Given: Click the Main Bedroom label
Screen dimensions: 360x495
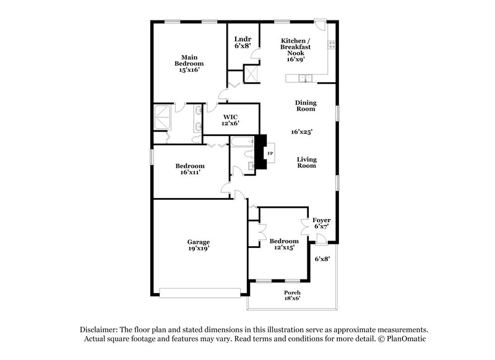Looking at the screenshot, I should [x=189, y=60].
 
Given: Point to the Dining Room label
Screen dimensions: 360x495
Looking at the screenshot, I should [x=305, y=105].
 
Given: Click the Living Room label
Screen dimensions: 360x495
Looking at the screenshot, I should [x=307, y=162].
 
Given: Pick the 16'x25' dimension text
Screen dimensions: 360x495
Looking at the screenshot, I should [x=302, y=131].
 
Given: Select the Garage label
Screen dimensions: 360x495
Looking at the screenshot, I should [x=199, y=241].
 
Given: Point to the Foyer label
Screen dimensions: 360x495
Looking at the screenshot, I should [x=321, y=220].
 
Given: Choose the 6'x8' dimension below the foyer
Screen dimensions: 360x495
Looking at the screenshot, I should [x=322, y=259].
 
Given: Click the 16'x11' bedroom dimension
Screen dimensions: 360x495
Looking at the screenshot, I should [x=189, y=173].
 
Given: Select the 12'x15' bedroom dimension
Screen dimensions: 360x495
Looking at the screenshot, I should [x=284, y=247].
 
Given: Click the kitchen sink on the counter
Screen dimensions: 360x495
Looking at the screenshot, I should [x=304, y=78].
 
